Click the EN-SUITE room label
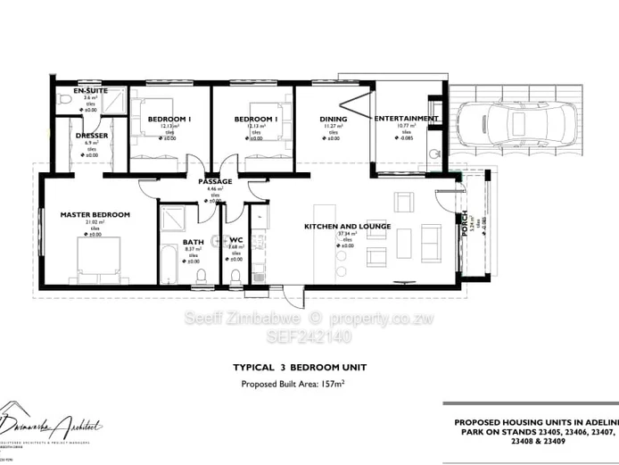91,91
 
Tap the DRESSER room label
91,136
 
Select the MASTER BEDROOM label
95,214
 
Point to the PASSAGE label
215,181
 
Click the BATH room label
194,241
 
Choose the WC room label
235,240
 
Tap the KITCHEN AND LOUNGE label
347,227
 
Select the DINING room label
334,119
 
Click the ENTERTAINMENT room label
406,118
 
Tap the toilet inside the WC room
235,276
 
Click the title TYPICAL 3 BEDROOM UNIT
300,367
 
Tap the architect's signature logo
54,427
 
